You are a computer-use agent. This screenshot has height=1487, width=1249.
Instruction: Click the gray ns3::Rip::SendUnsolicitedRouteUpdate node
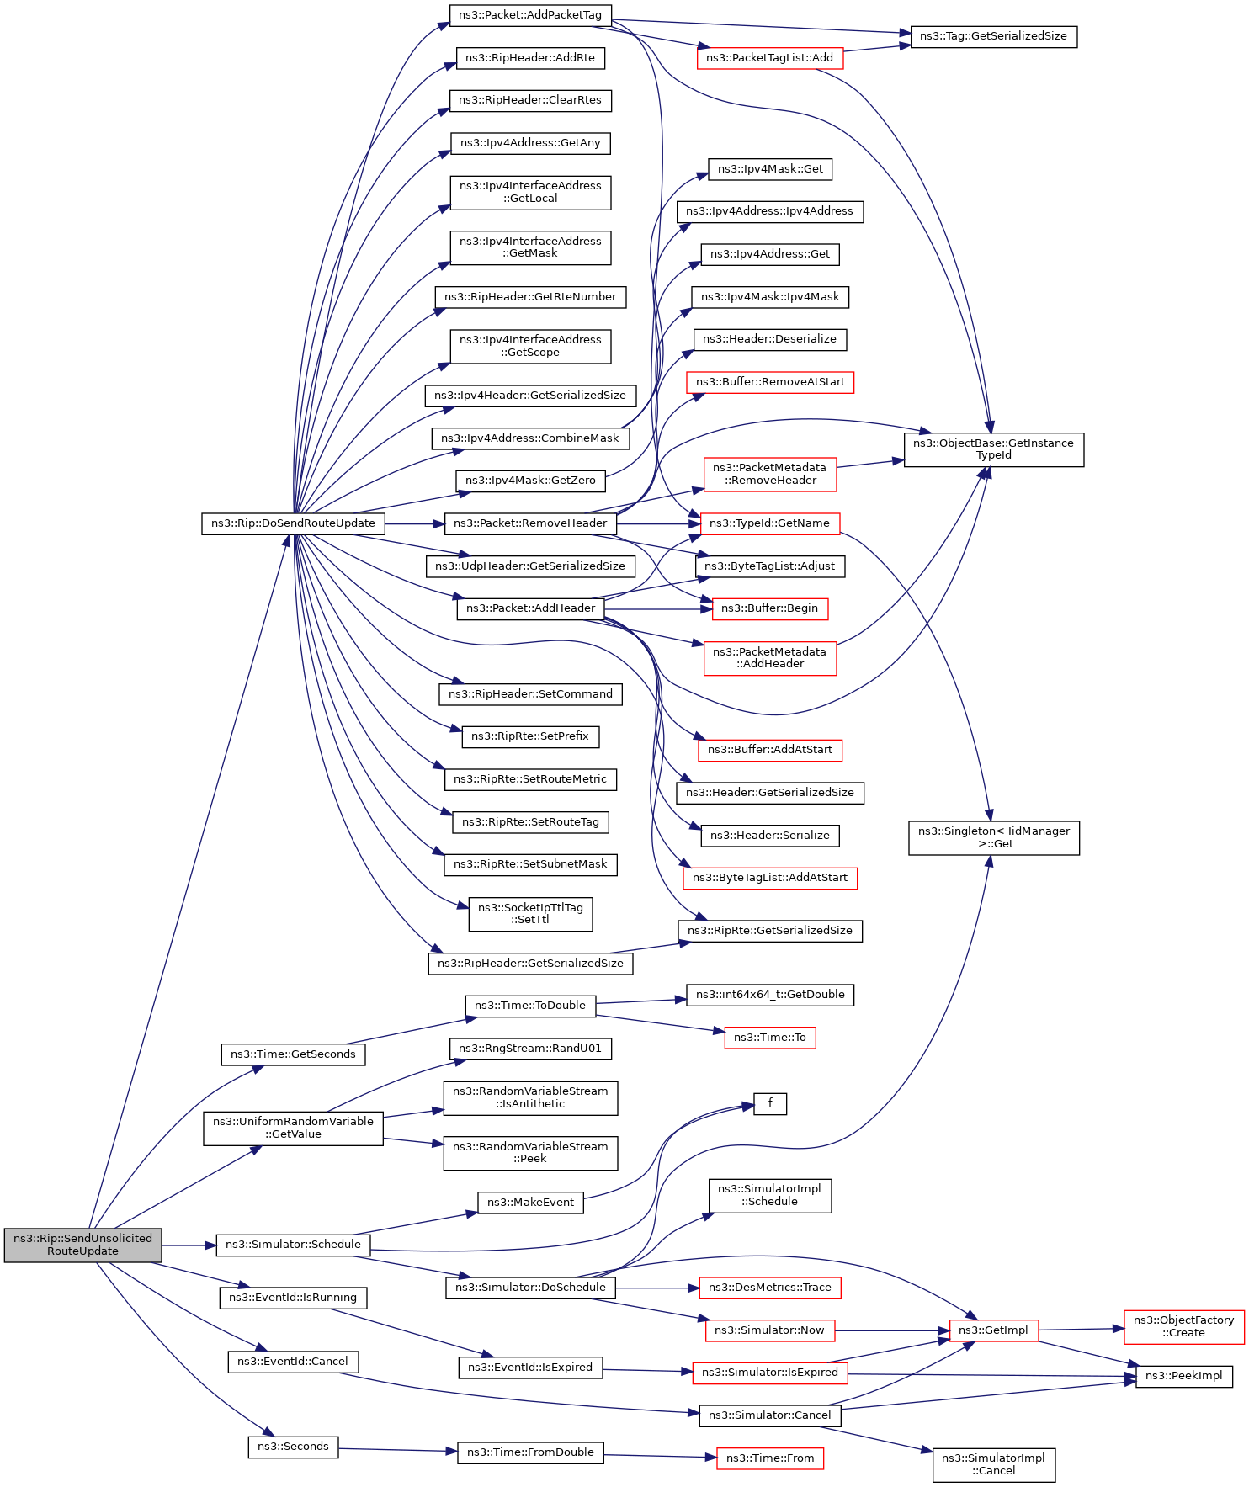82,1245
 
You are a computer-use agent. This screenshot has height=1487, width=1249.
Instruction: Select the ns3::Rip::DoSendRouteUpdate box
293,523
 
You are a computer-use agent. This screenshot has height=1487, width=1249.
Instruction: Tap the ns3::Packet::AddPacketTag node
530,15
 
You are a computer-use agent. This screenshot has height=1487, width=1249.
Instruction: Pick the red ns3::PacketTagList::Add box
769,58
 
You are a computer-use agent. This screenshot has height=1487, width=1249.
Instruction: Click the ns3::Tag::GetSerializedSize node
993,37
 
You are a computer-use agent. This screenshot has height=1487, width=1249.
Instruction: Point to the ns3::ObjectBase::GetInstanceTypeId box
993,449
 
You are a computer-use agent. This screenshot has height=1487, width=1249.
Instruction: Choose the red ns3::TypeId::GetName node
769,523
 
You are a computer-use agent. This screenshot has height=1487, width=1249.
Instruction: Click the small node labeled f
770,1104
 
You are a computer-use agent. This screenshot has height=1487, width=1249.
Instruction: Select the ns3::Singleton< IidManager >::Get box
993,838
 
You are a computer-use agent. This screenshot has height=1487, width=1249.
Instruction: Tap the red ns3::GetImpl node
993,1330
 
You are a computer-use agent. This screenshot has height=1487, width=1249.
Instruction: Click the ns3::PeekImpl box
1183,1376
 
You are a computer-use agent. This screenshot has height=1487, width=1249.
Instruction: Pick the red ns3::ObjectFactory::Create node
1183,1327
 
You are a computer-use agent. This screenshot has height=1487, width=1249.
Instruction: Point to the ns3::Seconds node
293,1447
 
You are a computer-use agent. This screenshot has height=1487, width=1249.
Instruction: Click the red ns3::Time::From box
769,1458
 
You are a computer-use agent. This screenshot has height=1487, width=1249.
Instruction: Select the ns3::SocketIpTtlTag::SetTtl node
530,914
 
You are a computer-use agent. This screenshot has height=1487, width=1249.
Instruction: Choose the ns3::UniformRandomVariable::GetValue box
293,1129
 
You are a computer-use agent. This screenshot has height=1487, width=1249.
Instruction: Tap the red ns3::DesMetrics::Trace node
769,1288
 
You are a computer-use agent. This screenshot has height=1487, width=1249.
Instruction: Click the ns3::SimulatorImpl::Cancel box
993,1465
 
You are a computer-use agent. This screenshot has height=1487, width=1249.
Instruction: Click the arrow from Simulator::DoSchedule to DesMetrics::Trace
657,1288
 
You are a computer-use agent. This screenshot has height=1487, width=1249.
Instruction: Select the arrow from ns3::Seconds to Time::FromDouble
397,1450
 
